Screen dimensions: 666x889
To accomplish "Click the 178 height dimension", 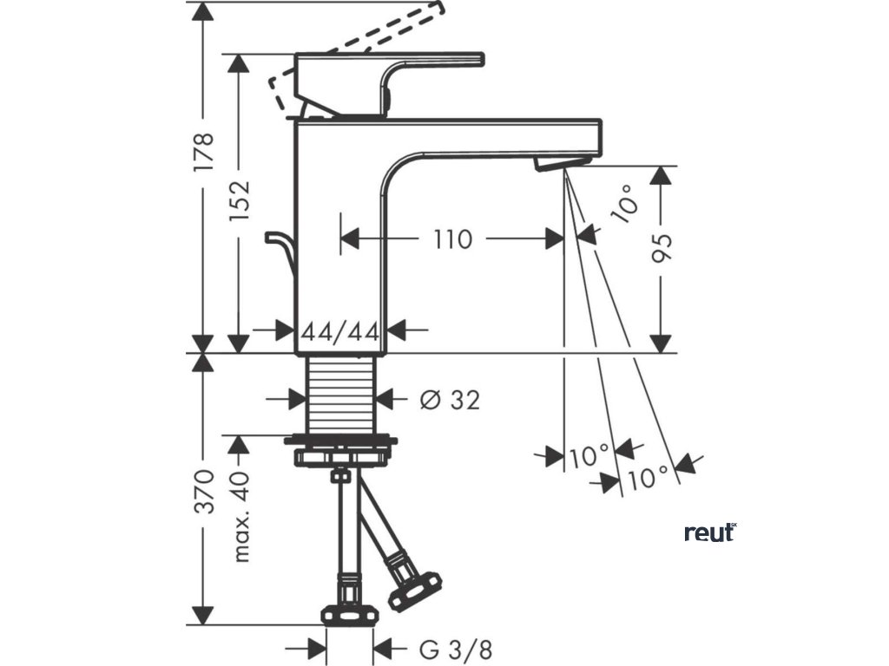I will [x=201, y=153].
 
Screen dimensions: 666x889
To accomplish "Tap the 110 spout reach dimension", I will [x=452, y=238].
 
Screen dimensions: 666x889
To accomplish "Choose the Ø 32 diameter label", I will [x=449, y=400].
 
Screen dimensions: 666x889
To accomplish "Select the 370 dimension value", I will [x=202, y=491].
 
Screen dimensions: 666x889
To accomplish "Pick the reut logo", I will [x=709, y=532].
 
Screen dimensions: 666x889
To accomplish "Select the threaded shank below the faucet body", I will [x=340, y=395].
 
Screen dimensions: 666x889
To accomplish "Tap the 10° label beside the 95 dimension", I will [x=628, y=208].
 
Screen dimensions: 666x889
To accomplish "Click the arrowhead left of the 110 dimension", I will [x=349, y=238].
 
